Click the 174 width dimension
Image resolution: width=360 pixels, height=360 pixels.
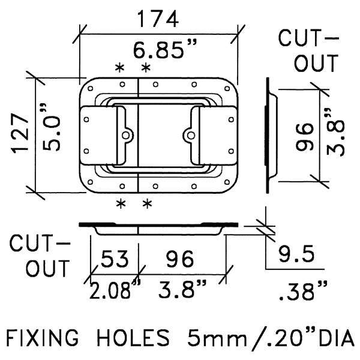[x=158, y=19]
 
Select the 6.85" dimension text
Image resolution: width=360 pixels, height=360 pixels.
[x=165, y=49]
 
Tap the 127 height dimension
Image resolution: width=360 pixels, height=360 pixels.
[x=20, y=133]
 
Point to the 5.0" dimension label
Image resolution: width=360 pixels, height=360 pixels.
[x=51, y=127]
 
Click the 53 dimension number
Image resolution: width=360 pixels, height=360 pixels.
[x=115, y=259]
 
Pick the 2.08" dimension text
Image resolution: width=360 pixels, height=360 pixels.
[x=115, y=290]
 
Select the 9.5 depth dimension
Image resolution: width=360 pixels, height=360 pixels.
[x=296, y=254]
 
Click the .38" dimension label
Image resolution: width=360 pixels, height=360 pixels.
[x=302, y=291]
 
